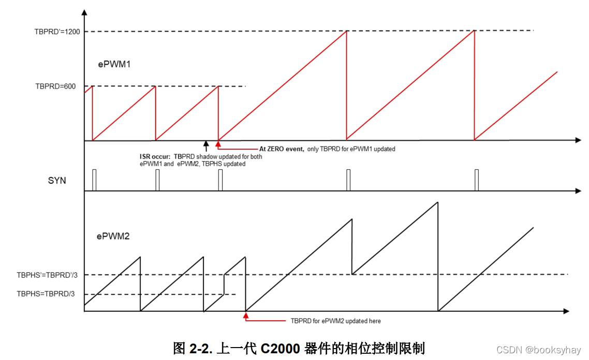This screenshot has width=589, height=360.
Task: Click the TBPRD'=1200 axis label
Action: (x=57, y=32)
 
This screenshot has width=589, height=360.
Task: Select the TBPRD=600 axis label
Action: (x=55, y=87)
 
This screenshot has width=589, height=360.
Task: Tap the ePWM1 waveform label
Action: (x=115, y=65)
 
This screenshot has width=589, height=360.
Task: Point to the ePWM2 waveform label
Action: (x=113, y=236)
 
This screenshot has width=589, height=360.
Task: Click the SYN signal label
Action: (x=56, y=181)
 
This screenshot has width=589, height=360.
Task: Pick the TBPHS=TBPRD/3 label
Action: (x=46, y=294)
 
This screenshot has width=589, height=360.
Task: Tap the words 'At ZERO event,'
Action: (x=282, y=149)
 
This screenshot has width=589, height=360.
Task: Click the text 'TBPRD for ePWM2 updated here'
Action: (x=335, y=321)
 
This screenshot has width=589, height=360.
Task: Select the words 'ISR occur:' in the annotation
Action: (x=155, y=156)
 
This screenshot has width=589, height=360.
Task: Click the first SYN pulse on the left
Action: (x=94, y=180)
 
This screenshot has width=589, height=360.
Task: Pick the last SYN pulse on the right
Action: (x=476, y=180)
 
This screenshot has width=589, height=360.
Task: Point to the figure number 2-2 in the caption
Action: (x=199, y=348)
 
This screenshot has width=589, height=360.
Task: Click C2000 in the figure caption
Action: (x=280, y=348)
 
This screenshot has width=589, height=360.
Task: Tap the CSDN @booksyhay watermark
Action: (x=538, y=350)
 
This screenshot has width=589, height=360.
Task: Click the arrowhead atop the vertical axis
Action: (x=84, y=11)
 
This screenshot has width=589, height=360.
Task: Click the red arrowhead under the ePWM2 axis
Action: (x=246, y=314)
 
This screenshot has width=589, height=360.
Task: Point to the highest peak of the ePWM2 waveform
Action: (x=437, y=202)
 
